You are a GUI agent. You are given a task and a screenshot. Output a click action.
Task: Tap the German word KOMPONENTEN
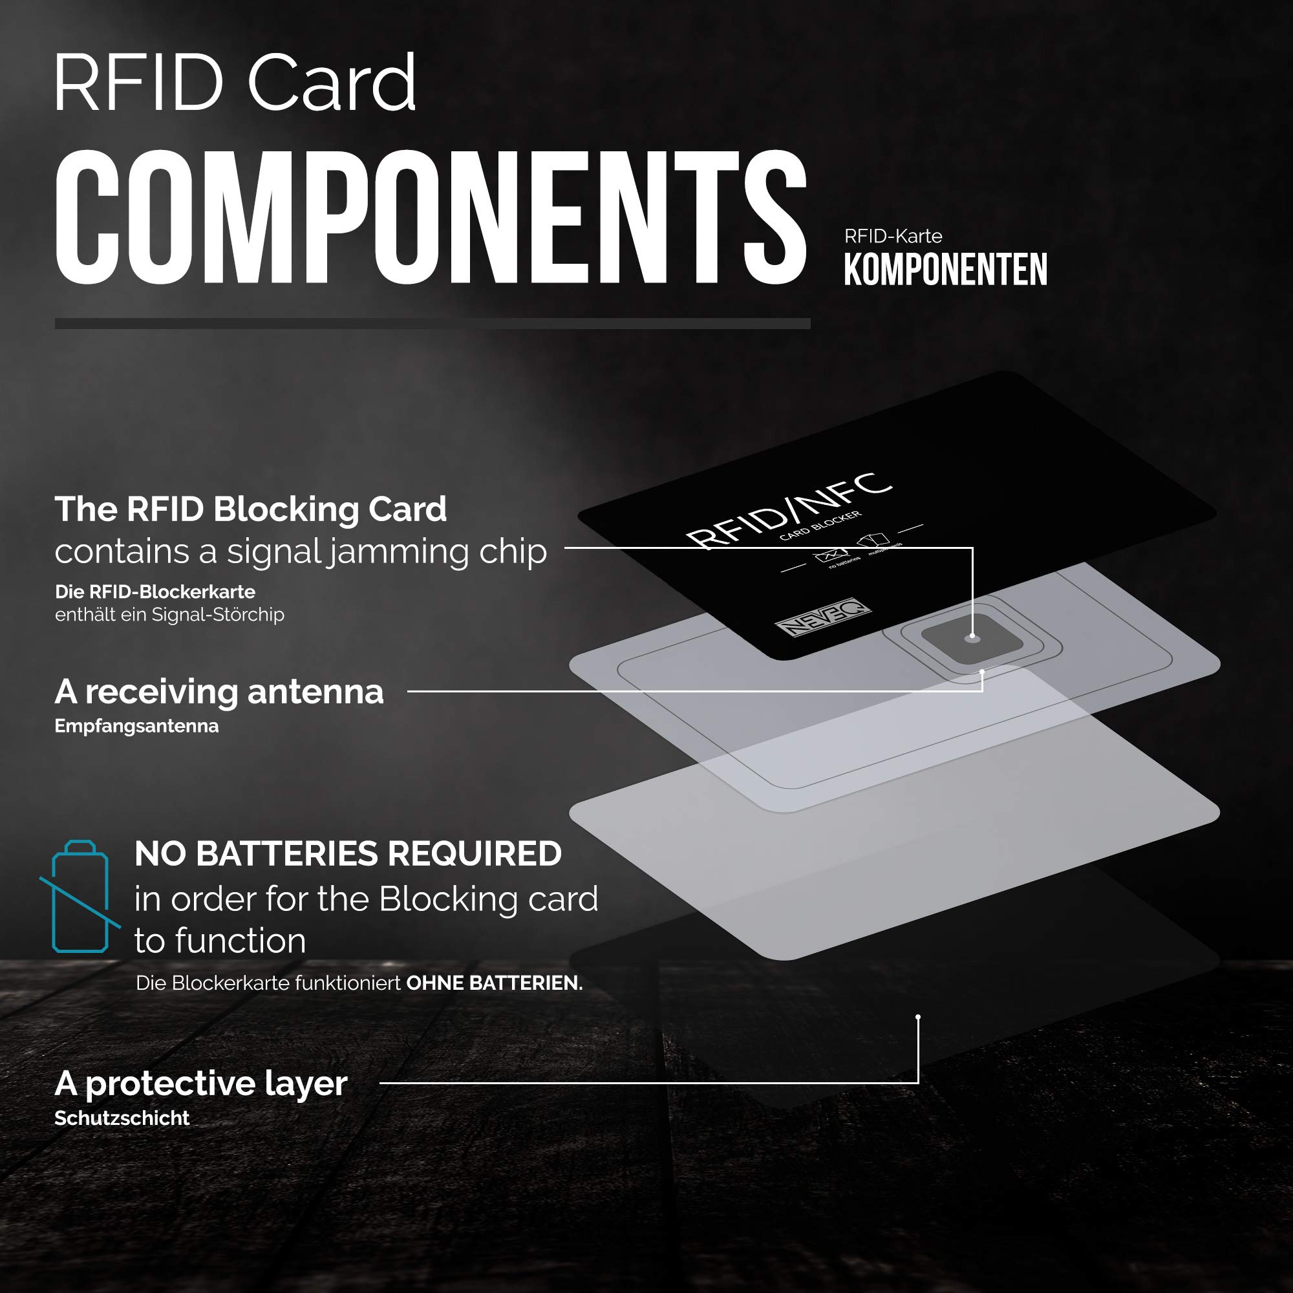tap(945, 270)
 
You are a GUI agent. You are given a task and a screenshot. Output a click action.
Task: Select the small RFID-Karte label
tap(893, 236)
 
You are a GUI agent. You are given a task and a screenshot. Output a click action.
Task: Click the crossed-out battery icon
tap(80, 896)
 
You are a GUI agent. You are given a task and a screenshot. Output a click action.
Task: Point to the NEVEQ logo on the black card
tap(823, 616)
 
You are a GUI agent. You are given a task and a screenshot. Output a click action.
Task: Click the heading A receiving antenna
tap(219, 691)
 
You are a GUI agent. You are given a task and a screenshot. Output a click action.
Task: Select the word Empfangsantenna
tap(136, 726)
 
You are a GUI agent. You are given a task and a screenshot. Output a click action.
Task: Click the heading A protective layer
tap(201, 1083)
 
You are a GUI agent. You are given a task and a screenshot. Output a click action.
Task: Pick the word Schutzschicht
tap(122, 1118)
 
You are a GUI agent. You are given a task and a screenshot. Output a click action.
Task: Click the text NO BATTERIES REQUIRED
tap(348, 853)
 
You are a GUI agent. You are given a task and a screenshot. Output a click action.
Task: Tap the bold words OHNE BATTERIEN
tap(494, 983)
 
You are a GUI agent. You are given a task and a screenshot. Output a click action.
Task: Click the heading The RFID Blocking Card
tap(250, 509)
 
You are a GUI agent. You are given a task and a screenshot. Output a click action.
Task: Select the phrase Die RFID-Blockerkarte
tap(155, 592)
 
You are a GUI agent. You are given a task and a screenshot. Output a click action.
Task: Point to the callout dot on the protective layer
tap(918, 1017)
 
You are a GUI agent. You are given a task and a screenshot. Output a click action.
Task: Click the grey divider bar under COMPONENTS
tap(433, 323)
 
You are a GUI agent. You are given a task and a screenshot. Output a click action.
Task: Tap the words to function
tap(220, 940)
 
